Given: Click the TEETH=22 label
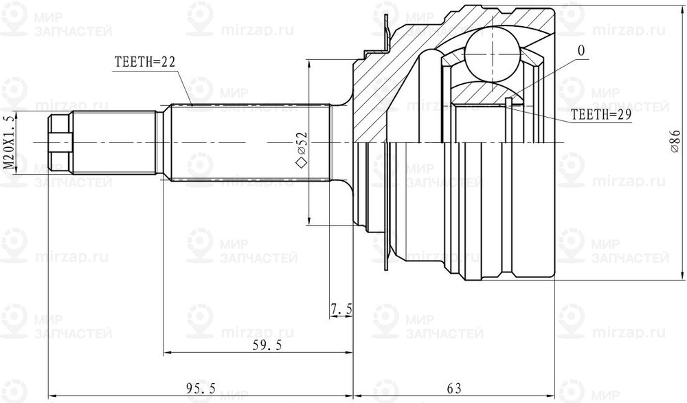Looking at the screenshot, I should click(x=144, y=61).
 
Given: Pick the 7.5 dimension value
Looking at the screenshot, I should click(x=341, y=310).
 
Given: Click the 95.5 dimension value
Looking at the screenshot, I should click(x=199, y=389).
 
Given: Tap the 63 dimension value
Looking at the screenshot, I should click(x=453, y=389).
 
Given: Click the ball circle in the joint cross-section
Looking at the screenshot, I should click(x=491, y=54).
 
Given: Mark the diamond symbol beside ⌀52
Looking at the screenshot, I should click(x=300, y=163).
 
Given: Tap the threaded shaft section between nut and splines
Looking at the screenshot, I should click(x=113, y=142).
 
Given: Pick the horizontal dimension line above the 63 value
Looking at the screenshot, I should click(x=453, y=397).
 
